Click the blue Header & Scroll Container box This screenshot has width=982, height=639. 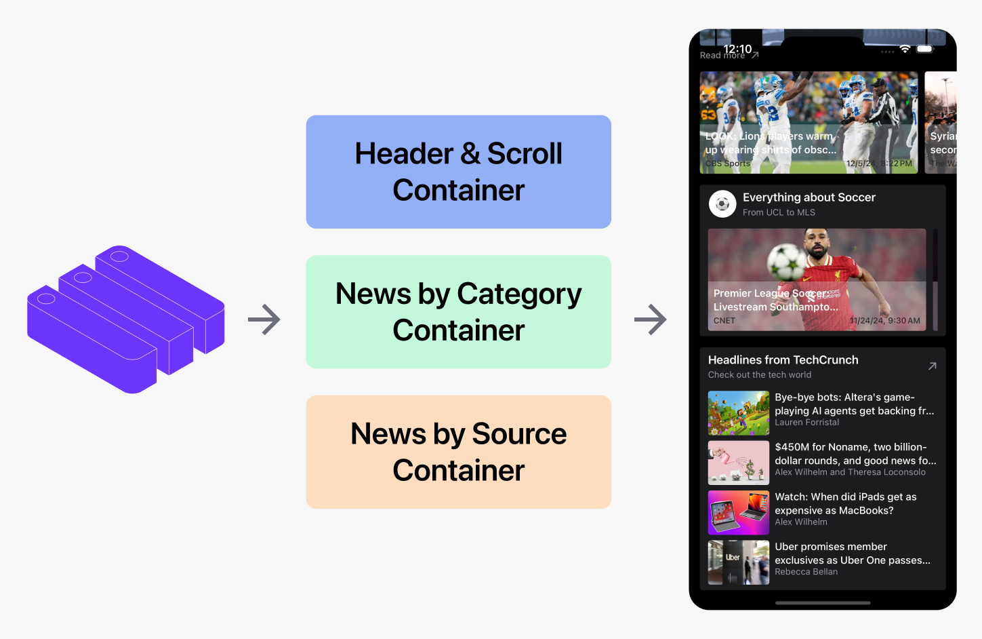coord(458,172)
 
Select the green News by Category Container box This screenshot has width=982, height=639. coord(458,312)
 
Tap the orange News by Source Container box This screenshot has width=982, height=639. coord(458,452)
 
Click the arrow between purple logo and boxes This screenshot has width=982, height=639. coord(264,319)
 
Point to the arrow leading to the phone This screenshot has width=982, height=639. coord(651,319)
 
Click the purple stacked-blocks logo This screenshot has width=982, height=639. coord(126,319)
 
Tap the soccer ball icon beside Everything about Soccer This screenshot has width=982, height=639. coord(722,204)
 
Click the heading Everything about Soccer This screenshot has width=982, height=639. coord(809,197)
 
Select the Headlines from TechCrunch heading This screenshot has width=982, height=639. coord(783,360)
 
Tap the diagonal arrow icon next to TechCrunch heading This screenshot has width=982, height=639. coord(932,366)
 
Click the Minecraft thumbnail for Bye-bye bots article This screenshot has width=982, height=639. coord(739,413)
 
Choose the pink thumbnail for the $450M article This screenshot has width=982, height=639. coord(739,463)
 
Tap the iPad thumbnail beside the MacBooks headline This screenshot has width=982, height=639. coord(739,513)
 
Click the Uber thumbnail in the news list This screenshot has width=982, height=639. coord(739,562)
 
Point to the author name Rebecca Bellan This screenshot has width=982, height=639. coord(806,572)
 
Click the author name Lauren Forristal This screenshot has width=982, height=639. coord(806,423)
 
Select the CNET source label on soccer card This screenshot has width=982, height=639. coord(724,321)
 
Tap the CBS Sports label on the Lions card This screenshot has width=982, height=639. coord(727,163)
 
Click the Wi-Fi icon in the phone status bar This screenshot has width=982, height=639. coord(905,50)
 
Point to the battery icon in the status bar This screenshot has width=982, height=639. coord(925,50)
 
